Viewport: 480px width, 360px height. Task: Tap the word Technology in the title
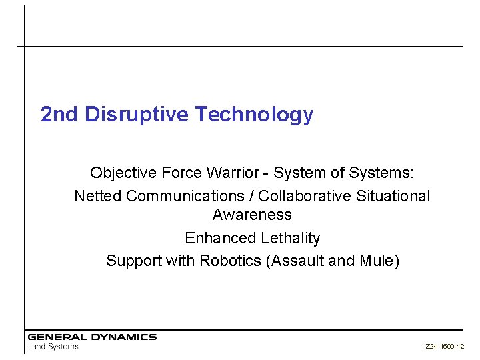click(x=254, y=115)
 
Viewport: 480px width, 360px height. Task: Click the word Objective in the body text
click(x=123, y=173)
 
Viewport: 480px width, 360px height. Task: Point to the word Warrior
click(x=232, y=173)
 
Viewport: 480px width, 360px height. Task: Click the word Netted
click(x=98, y=196)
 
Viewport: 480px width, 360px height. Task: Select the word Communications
click(x=185, y=196)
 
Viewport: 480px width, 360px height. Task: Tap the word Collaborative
click(x=305, y=196)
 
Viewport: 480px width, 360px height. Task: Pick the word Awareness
click(x=252, y=215)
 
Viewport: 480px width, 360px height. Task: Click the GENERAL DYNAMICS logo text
click(x=92, y=337)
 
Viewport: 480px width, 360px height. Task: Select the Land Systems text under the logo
click(x=53, y=347)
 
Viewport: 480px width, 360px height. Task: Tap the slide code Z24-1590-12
click(x=445, y=347)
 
